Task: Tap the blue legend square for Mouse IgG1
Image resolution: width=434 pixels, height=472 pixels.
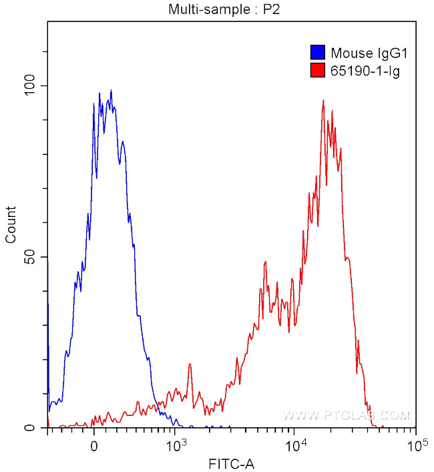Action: coord(317,52)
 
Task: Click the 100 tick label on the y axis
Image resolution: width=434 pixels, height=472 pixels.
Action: coord(31,86)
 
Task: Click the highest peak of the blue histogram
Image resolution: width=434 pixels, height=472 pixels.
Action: coord(111,91)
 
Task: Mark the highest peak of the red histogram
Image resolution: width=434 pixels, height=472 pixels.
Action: coord(323,101)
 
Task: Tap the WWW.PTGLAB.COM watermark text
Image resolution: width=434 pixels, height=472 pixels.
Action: coord(346,415)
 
